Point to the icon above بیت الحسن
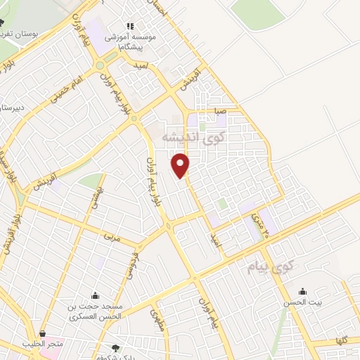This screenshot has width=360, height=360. tap(303, 292)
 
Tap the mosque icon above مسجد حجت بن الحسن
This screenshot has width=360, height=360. tap(95, 295)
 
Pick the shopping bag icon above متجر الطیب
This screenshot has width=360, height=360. tap(43, 333)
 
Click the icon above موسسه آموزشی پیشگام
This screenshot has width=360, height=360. tap(129, 26)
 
